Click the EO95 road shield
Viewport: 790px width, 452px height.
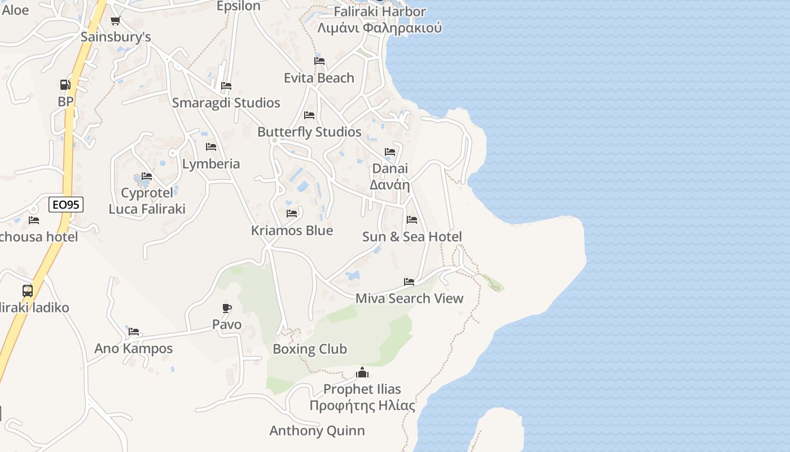coord(66,205)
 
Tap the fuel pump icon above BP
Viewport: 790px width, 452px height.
coord(65,85)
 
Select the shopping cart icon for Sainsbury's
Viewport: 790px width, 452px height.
coord(115,21)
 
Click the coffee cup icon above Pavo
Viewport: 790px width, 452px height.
coord(226,308)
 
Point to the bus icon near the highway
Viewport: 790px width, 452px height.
coord(28,291)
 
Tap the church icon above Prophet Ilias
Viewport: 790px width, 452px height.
coord(362,372)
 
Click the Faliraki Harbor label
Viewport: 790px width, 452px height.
coord(380,11)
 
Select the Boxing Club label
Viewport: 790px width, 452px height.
coord(310,349)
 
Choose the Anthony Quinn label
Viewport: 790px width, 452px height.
coord(317,431)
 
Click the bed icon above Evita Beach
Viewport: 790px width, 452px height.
coord(319,61)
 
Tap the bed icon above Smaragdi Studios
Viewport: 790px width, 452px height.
coord(226,86)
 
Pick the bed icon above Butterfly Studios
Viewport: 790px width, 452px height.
coord(309,115)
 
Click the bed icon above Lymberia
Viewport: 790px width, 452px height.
coord(211,147)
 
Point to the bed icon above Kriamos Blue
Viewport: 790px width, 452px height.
coord(292,214)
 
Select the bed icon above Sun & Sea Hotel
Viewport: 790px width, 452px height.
coord(412,220)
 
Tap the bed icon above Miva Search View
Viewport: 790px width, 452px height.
coord(409,282)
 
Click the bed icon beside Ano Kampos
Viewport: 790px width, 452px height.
coord(134,332)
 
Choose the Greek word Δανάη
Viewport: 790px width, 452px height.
coord(389,185)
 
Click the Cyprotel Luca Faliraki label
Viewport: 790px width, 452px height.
coord(147,201)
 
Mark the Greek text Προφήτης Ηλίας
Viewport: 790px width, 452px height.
coord(362,406)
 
